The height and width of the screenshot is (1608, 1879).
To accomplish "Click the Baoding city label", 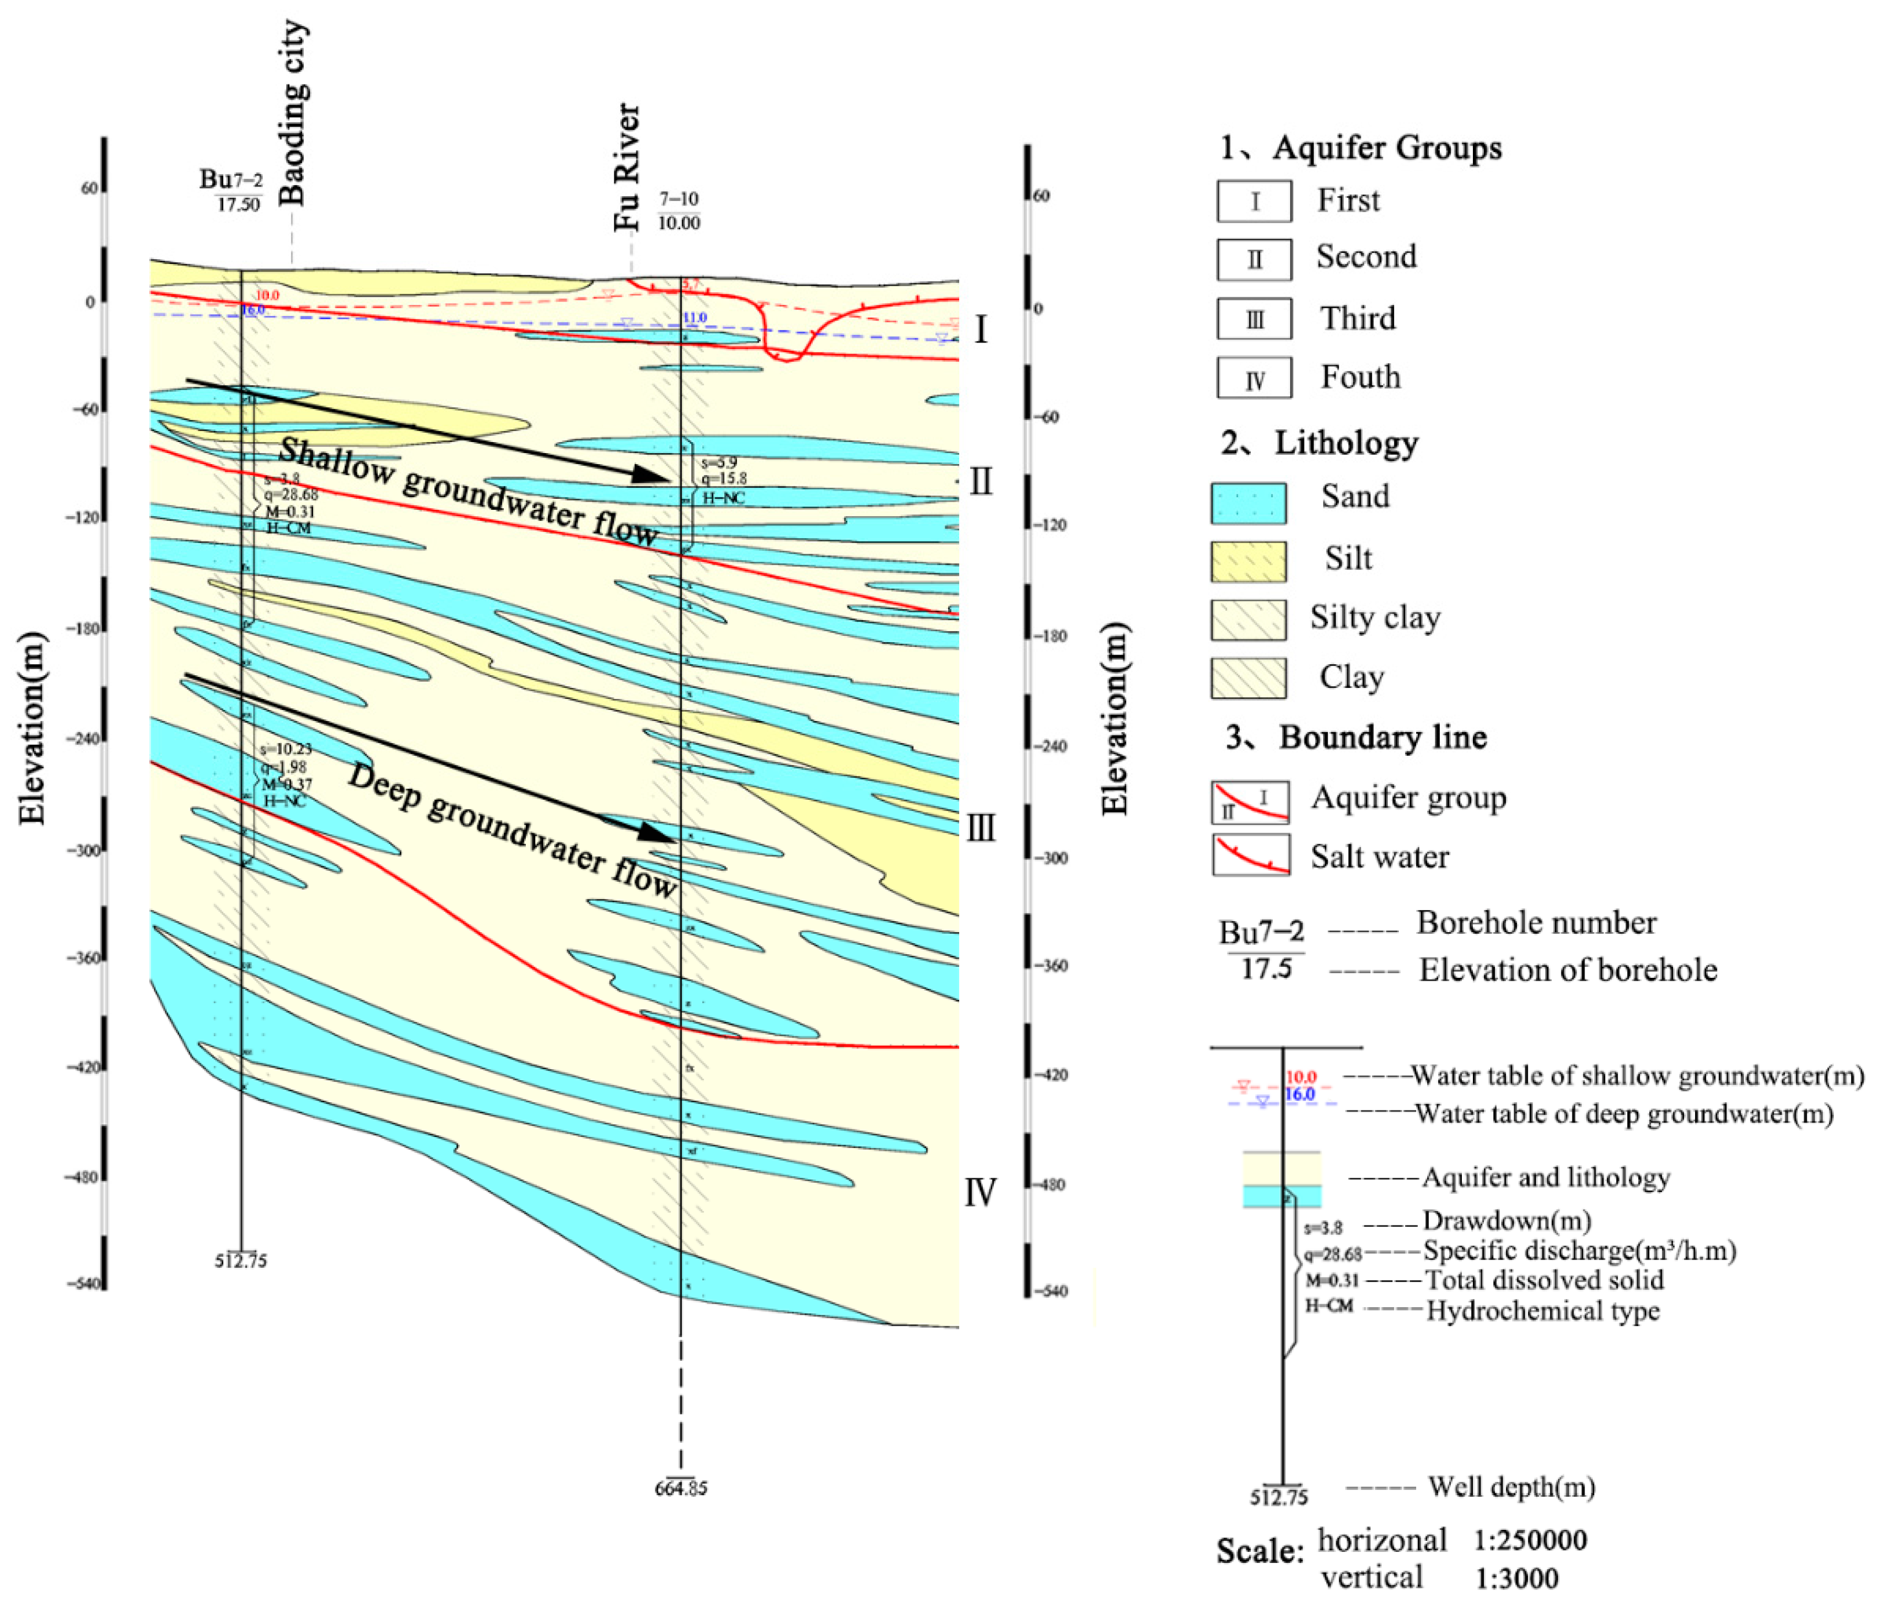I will coord(292,113).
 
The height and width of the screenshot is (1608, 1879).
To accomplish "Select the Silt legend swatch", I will coord(1248,561).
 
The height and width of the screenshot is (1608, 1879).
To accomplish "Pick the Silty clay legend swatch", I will coord(1248,620).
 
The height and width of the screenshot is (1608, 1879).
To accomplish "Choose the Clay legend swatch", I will coord(1248,678).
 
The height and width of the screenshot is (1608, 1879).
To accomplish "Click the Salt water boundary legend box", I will coord(1251,855).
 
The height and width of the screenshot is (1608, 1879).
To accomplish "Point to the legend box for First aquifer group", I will coord(1254,201).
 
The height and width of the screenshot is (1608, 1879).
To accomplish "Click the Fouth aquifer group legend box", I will coord(1254,378).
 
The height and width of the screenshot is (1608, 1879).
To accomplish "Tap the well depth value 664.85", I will coord(680,1488).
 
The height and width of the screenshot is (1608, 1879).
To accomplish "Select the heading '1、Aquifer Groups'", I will coord(1360,148).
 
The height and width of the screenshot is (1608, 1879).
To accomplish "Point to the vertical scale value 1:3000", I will coord(1516,1579).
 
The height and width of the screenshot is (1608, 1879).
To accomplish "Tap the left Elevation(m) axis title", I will coord(32,728).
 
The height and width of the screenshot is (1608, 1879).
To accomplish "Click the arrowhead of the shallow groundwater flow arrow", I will coord(655,474).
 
